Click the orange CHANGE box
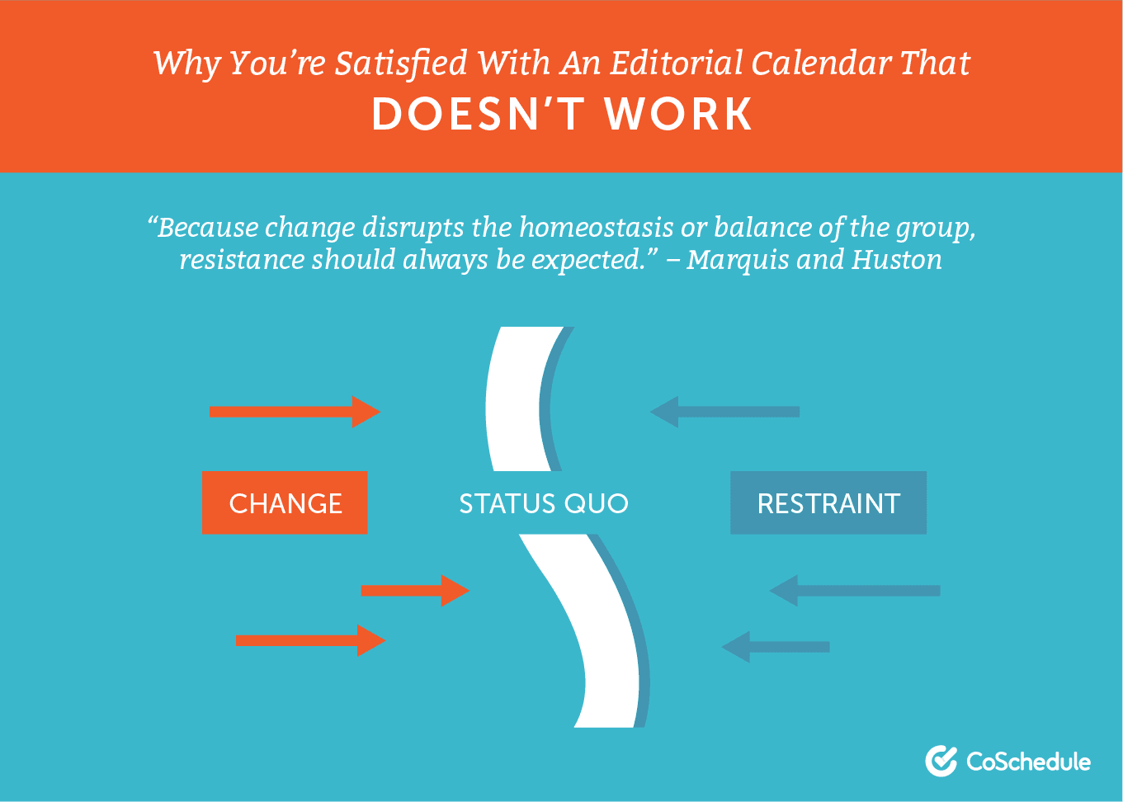click(285, 502)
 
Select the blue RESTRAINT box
click(828, 502)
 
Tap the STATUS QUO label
click(544, 504)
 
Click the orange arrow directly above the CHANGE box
click(295, 412)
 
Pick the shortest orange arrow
click(415, 591)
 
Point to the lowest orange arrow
click(311, 640)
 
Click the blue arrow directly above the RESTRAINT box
click(725, 412)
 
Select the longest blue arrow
click(855, 591)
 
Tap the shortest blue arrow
click(776, 647)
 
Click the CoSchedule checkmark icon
click(941, 761)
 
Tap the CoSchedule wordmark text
click(1028, 762)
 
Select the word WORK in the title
click(678, 114)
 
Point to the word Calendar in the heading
click(821, 64)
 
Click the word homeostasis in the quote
click(597, 227)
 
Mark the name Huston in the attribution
click(897, 259)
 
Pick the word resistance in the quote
click(242, 260)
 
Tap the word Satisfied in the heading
click(401, 64)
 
